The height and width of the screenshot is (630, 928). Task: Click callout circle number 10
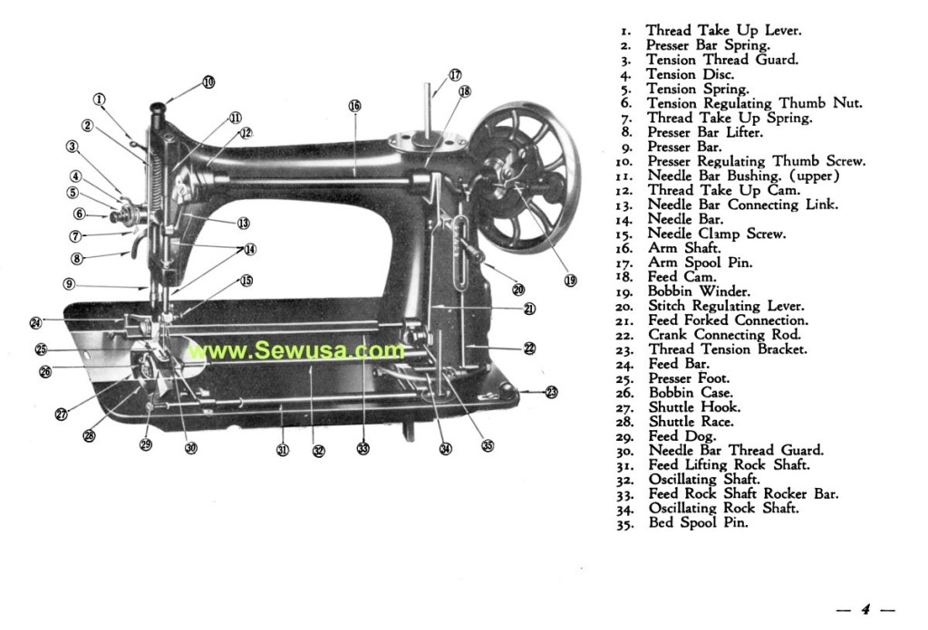(208, 81)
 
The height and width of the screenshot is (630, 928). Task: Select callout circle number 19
(570, 280)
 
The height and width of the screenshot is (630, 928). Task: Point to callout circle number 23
(552, 392)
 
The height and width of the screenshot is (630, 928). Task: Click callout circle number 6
(79, 215)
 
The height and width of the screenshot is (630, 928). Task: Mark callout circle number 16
(354, 106)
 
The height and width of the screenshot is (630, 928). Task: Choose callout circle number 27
(61, 415)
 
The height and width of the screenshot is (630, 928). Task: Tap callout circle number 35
(488, 444)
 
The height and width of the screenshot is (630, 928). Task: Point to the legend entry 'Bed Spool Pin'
(698, 523)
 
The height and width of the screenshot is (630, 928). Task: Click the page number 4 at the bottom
(865, 609)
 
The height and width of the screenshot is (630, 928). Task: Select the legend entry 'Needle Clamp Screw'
(716, 234)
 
